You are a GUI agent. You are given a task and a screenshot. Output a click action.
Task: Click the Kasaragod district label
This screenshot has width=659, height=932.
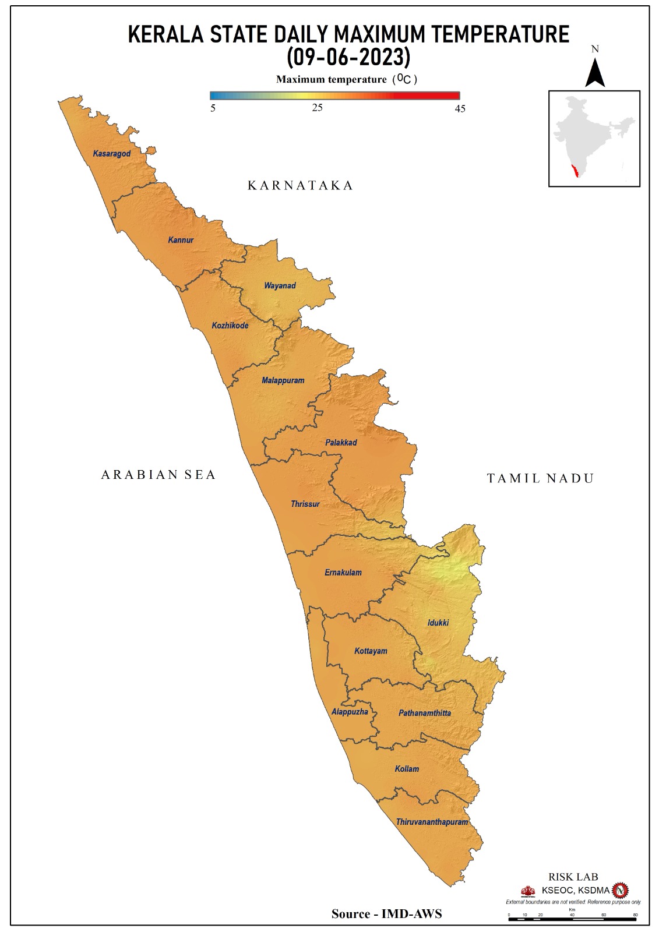tap(112, 154)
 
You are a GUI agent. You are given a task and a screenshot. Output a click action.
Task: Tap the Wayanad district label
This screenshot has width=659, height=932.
tap(280, 286)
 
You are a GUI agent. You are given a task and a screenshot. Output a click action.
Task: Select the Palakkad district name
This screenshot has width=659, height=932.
tap(341, 443)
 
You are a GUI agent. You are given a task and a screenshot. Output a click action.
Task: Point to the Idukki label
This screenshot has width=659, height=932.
tap(438, 623)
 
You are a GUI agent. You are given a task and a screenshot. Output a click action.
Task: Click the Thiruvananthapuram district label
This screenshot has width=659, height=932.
tap(432, 822)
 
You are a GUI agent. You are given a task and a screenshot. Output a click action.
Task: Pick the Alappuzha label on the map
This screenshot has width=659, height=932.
tap(350, 712)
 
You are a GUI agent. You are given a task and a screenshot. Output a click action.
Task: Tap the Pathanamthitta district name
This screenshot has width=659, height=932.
tap(425, 713)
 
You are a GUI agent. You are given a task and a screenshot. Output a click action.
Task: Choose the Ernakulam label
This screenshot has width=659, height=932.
tap(343, 573)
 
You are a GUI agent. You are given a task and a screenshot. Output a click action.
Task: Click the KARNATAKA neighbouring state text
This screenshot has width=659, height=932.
tap(300, 185)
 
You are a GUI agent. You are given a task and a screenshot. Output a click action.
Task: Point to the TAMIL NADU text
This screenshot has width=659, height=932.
tap(540, 478)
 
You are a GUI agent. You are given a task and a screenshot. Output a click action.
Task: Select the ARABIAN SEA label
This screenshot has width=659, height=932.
tap(158, 475)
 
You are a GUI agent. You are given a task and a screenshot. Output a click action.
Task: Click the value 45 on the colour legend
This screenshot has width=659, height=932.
tap(460, 109)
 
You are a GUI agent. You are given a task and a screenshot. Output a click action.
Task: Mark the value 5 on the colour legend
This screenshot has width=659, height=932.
tap(213, 108)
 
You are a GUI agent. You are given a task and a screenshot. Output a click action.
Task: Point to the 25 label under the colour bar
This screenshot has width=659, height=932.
tap(317, 108)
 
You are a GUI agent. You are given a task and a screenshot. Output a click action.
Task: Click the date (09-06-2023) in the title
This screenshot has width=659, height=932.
tap(348, 57)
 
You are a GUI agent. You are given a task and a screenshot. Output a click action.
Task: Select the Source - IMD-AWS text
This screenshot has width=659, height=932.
tap(386, 913)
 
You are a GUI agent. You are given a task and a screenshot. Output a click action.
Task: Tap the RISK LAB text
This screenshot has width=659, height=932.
tap(573, 877)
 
